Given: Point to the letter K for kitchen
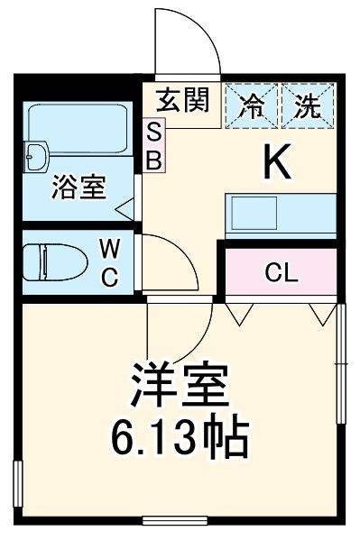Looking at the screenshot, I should pos(277,162).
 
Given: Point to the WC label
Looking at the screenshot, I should pos(107,261).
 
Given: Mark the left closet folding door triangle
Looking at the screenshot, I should pos(239,313).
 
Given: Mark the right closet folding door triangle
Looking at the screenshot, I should pos(319,313).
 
